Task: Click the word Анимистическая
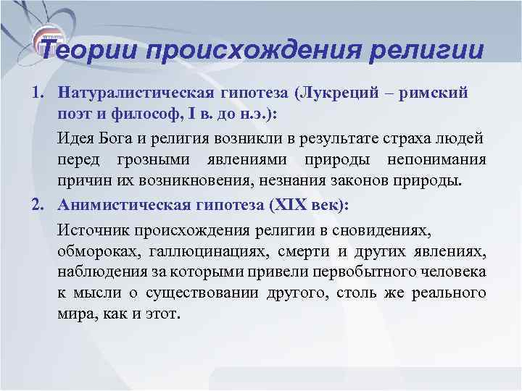click(126, 206)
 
